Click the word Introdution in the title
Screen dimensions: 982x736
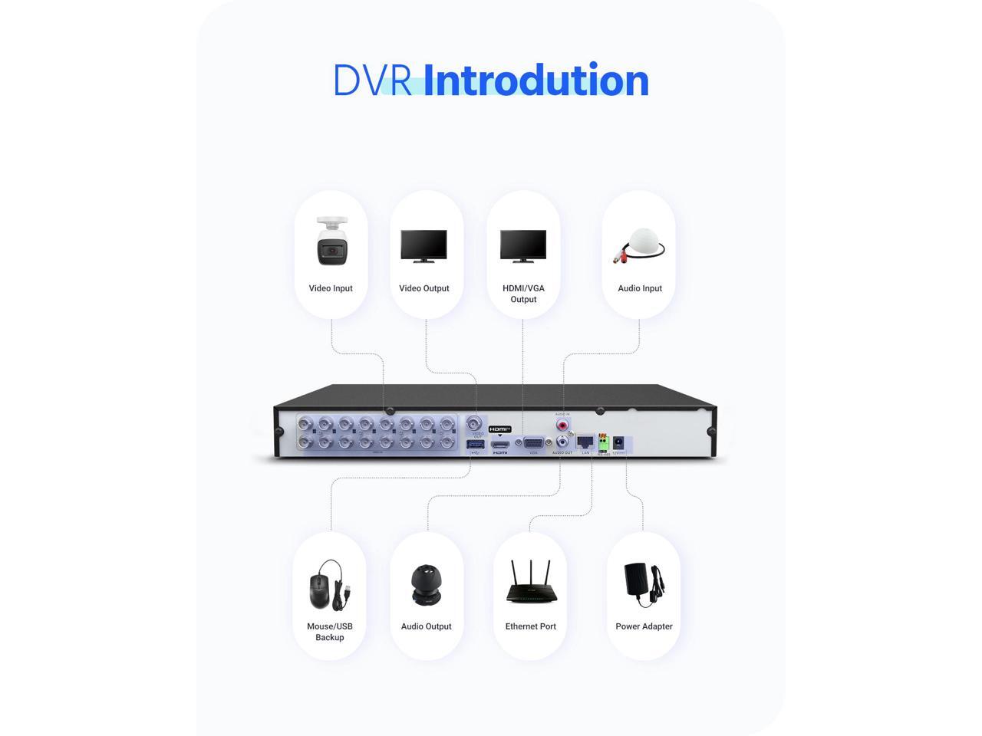[x=535, y=80]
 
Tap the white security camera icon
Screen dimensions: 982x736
[x=331, y=242]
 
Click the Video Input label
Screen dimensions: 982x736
[x=331, y=288]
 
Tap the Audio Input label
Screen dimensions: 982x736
[x=640, y=288]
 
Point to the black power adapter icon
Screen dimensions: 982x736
[x=643, y=585]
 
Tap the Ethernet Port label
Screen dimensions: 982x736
[x=531, y=626]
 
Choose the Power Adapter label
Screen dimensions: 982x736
[x=644, y=626]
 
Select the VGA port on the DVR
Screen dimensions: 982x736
[x=534, y=443]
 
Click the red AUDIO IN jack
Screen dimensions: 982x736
[x=563, y=423]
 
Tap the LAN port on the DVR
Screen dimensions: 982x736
[x=585, y=442]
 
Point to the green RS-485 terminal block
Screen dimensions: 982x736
[x=603, y=442]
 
